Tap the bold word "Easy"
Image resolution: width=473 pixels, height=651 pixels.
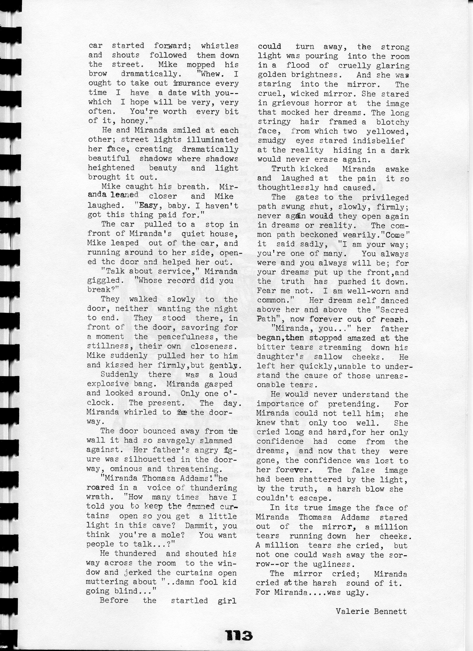tap(148, 206)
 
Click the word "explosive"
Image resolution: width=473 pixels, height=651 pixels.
tap(109, 384)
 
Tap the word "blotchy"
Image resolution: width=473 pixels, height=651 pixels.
tap(393, 122)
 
